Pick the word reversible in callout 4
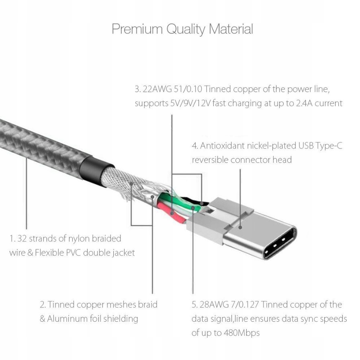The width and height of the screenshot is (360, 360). tap(210, 160)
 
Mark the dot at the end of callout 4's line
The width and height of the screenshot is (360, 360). tap(240, 227)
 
